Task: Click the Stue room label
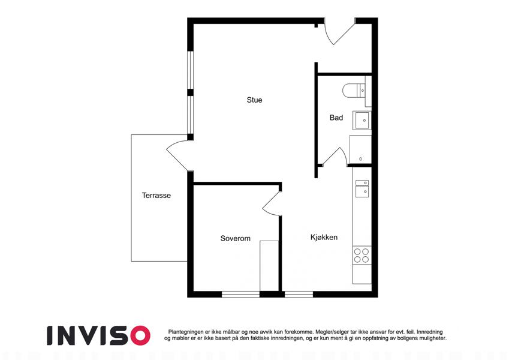(x=254, y=100)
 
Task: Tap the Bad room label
(x=336, y=118)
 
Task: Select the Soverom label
(x=236, y=238)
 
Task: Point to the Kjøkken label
(x=324, y=237)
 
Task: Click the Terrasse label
(x=156, y=195)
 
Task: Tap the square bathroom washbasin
(x=362, y=120)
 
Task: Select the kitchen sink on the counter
(x=362, y=189)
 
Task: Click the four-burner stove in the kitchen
(x=362, y=256)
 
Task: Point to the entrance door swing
(x=339, y=32)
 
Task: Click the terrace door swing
(x=179, y=155)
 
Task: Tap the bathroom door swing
(x=336, y=157)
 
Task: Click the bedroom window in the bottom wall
(x=240, y=295)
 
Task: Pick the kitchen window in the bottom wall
(x=299, y=295)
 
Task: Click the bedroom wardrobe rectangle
(x=269, y=266)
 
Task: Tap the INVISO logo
(x=99, y=335)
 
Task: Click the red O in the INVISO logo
(x=139, y=335)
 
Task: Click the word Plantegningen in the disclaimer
(x=186, y=332)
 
